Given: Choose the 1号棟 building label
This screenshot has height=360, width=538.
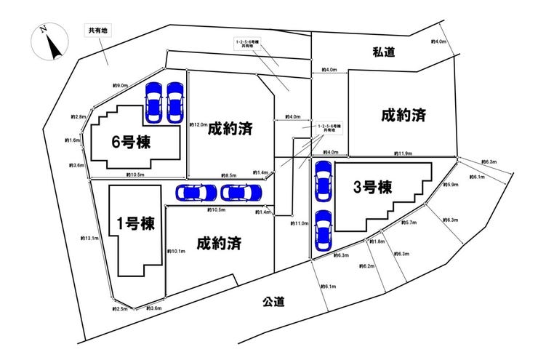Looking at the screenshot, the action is [136, 223].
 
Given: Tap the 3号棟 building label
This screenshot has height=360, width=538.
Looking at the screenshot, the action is [373, 187].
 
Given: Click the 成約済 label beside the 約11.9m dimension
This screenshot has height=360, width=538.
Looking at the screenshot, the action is [402, 114].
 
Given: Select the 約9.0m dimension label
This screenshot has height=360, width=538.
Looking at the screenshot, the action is [121, 85].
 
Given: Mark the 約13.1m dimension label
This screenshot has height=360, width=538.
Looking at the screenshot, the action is [90, 238].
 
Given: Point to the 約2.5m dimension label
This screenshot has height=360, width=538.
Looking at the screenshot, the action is [120, 309].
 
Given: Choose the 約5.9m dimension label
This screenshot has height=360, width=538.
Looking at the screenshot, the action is [451, 185].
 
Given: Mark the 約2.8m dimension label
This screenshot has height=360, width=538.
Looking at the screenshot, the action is [79, 116].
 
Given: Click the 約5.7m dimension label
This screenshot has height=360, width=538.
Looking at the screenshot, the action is [409, 223].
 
